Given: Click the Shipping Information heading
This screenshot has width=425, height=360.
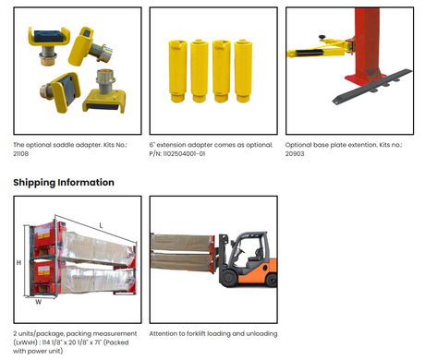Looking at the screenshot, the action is tap(64, 183).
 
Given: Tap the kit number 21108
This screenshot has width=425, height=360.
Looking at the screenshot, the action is tap(20, 153).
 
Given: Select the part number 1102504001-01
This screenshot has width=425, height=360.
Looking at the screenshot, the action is tap(184, 153).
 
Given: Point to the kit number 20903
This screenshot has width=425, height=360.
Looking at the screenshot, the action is tap(295, 153).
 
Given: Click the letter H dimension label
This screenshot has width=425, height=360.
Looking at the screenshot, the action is tap(18, 262).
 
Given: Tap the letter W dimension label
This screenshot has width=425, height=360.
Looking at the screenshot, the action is tap(38, 302).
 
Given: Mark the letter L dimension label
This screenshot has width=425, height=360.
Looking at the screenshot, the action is tap(101, 225).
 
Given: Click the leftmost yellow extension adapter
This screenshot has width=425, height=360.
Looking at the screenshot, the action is tap(177, 71).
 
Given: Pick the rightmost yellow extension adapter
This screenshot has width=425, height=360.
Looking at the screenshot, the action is tap(243, 71).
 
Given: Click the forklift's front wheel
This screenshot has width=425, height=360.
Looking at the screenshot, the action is tap(229, 277).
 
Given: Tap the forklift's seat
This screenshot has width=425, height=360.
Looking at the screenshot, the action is tap(253, 261).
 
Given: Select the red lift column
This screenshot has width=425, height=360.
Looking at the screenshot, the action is tap(367, 43).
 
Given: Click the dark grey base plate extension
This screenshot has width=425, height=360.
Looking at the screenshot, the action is tap(371, 87).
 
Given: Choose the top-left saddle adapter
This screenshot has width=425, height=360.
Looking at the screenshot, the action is tap(49, 44).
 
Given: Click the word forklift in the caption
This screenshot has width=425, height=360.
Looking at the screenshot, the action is tap(196, 333).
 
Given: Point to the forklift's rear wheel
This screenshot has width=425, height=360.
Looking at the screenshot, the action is tap(272, 280).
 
